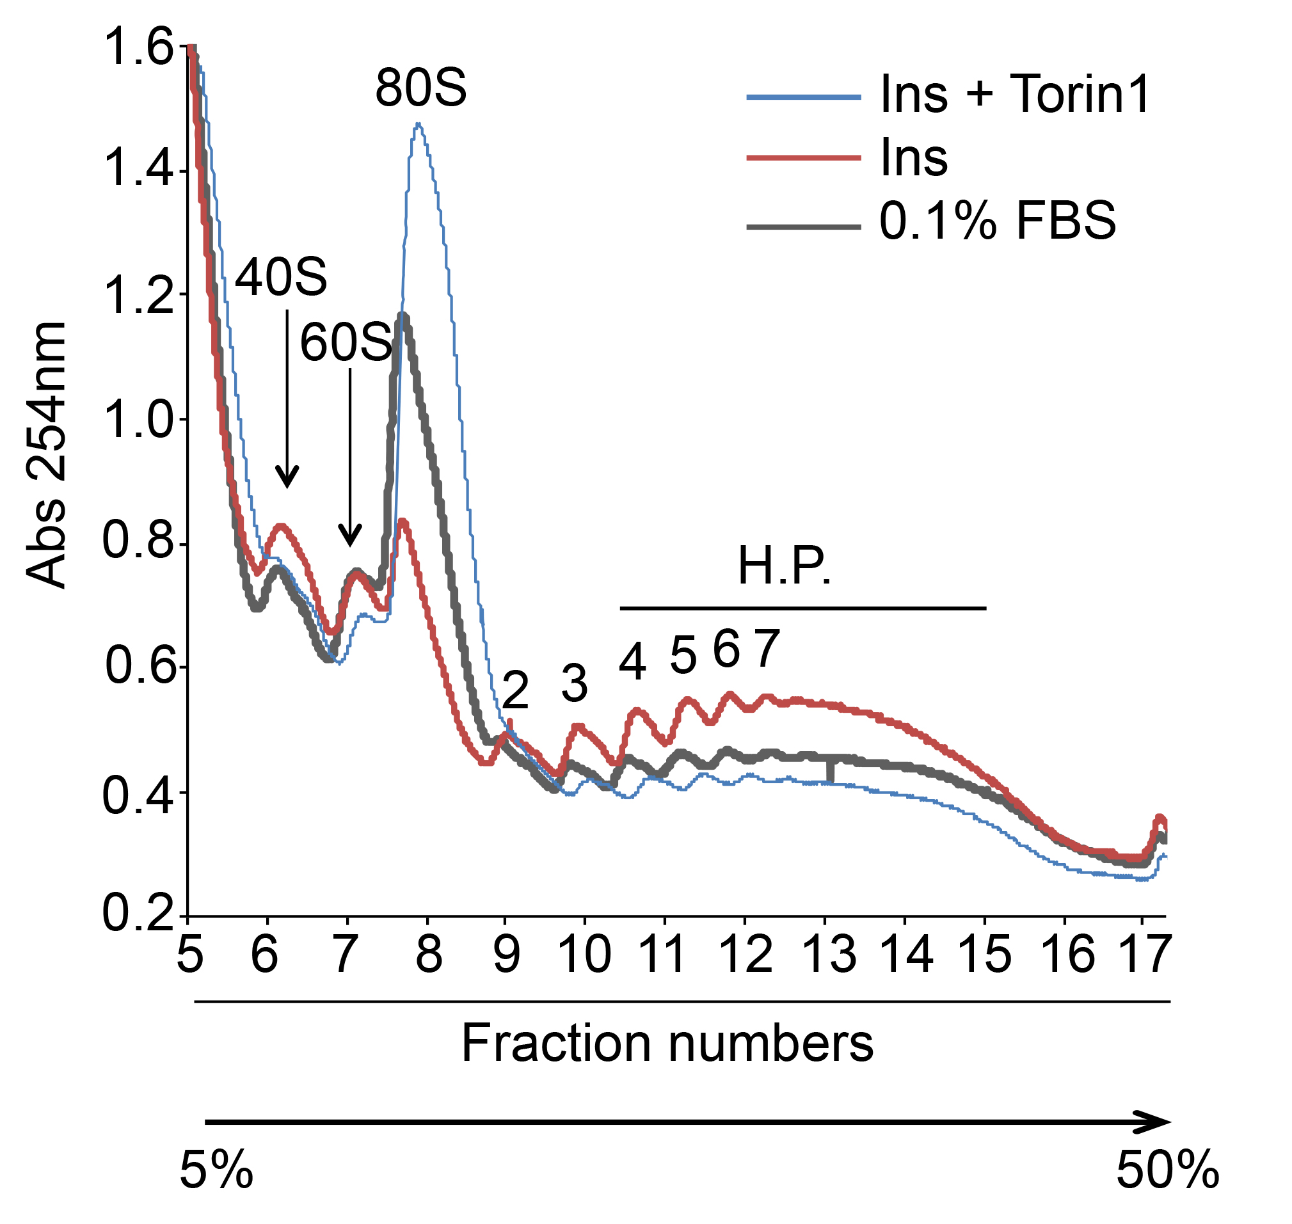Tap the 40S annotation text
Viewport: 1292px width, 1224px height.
280,277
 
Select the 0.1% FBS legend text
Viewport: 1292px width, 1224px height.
997,221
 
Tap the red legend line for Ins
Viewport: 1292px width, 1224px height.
803,158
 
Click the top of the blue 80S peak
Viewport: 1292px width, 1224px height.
419,124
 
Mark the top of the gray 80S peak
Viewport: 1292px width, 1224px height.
404,315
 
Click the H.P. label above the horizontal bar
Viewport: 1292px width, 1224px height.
784,566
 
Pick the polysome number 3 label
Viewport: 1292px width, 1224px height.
574,685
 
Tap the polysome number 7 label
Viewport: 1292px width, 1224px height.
767,649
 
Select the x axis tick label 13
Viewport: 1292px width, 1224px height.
828,955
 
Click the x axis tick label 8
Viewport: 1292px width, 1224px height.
429,955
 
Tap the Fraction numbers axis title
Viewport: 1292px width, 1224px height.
667,1044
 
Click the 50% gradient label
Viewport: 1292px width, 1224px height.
1167,1170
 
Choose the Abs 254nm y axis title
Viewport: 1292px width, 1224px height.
47,456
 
